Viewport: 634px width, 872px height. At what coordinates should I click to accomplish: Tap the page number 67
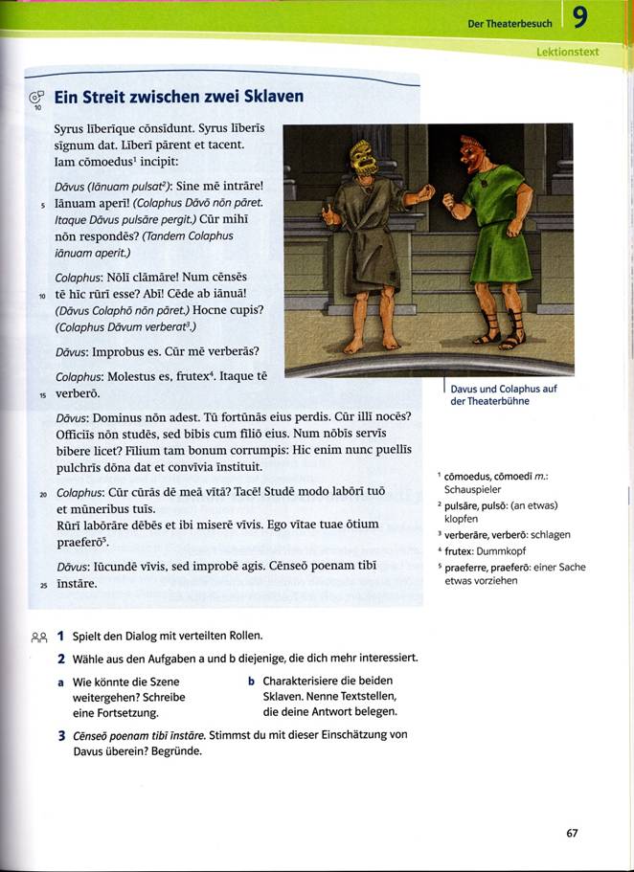pos(572,833)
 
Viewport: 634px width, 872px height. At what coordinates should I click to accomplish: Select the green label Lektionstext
pos(568,52)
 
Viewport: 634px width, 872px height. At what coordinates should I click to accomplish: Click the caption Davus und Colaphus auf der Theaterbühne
pos(503,394)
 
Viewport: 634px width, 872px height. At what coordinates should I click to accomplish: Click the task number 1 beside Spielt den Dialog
pos(60,636)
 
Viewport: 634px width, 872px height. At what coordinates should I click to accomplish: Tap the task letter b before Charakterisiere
pos(250,682)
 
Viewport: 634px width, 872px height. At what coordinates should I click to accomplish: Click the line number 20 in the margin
pos(43,495)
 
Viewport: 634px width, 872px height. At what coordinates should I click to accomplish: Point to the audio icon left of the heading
pos(36,98)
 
